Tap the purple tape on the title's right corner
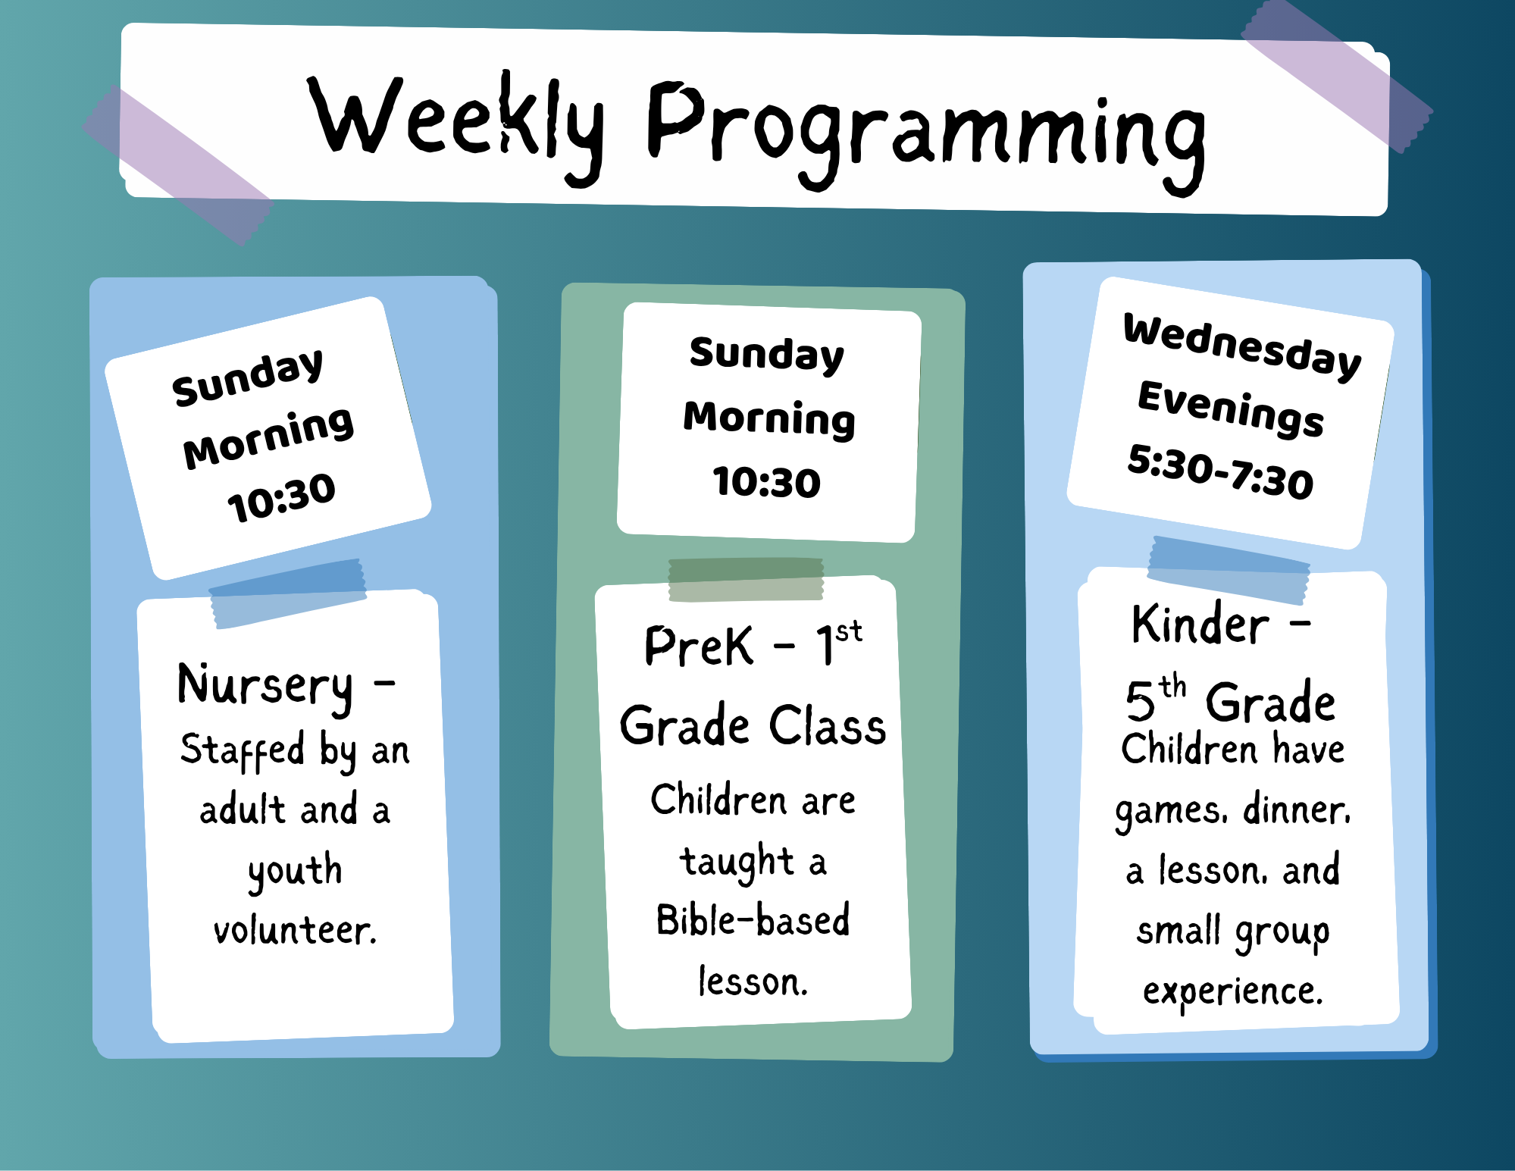tap(1337, 76)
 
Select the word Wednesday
tap(1242, 346)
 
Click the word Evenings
tap(1231, 409)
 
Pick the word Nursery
tap(265, 687)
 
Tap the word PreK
tap(698, 646)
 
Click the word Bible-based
tap(753, 920)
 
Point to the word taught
tap(736, 862)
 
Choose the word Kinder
tap(1200, 625)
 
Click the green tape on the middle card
tap(746, 580)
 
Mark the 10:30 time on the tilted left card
tap(281, 498)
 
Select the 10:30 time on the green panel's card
tap(766, 483)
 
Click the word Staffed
tap(242, 751)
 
